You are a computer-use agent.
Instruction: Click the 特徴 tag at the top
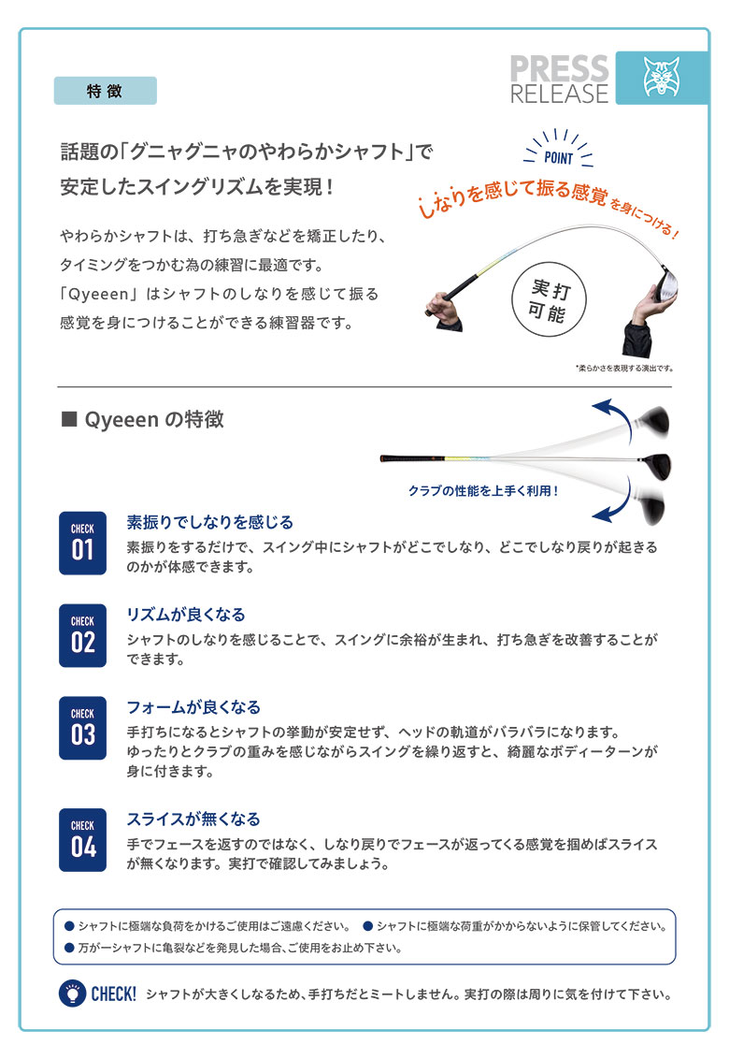(x=106, y=91)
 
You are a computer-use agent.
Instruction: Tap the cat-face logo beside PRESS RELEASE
(x=661, y=79)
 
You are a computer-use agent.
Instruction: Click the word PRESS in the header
(x=559, y=68)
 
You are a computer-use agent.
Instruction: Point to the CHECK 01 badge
(x=82, y=543)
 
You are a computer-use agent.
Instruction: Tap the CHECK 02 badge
(x=82, y=635)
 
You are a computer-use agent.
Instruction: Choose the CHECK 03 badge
(x=82, y=728)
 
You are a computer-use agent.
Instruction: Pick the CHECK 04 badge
(x=82, y=839)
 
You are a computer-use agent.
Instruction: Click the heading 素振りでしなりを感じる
(x=209, y=522)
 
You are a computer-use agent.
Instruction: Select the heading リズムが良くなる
(x=185, y=615)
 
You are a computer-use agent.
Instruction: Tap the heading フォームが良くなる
(x=193, y=707)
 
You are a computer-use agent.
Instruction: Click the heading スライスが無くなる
(x=193, y=819)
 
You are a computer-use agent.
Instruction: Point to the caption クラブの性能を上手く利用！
(x=483, y=490)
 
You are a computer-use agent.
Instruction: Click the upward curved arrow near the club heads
(x=612, y=414)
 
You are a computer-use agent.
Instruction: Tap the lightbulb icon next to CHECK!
(x=70, y=994)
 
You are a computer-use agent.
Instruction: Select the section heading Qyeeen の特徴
(x=142, y=420)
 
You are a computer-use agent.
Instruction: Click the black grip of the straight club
(x=407, y=458)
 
